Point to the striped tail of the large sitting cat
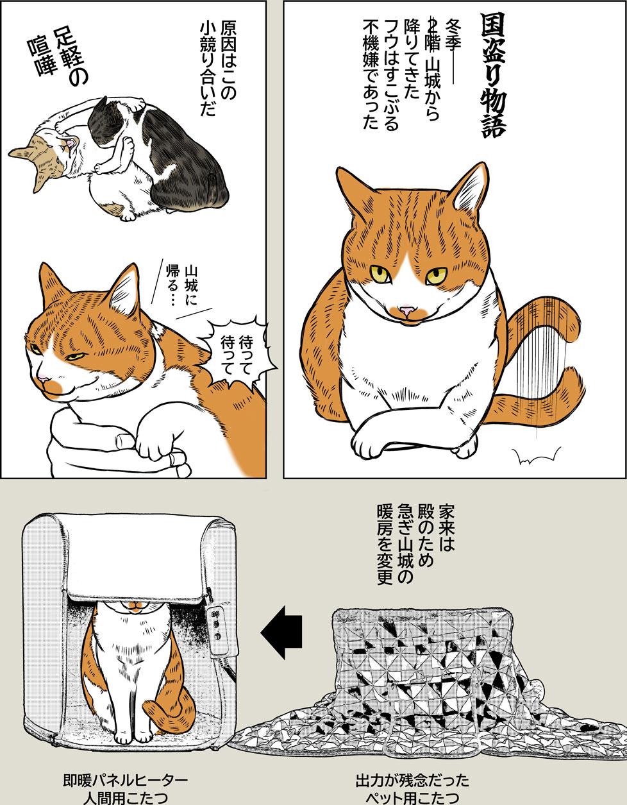click(545, 359)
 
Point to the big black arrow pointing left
click(283, 631)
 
